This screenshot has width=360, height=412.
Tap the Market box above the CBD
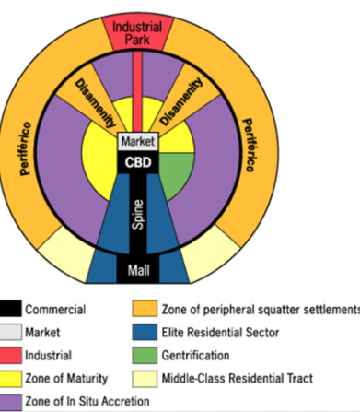point(138,142)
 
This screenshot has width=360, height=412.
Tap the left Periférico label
point(27,147)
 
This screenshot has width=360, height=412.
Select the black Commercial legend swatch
point(11,309)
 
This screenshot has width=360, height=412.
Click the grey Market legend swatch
point(11,331)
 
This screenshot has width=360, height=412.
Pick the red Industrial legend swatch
point(11,354)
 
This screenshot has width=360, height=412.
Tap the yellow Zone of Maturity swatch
point(11,377)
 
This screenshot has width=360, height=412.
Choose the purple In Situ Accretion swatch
point(11,399)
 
